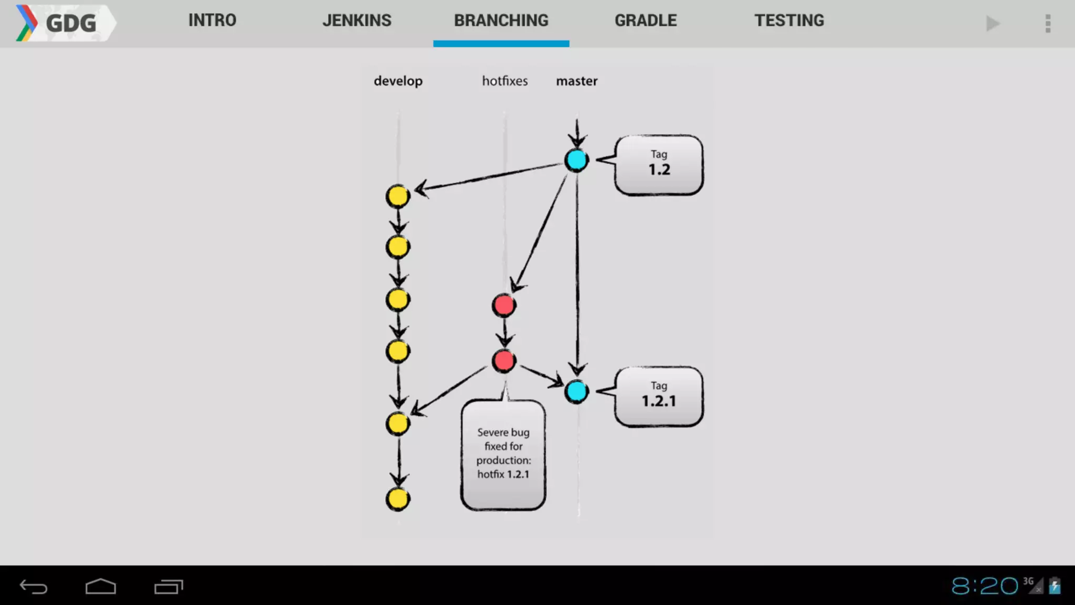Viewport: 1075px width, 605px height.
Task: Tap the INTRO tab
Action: coord(212,20)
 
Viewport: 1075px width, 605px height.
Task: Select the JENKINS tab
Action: coord(356,20)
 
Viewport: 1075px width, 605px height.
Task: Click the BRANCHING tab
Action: coord(501,20)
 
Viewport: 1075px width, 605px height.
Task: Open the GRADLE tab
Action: coord(646,20)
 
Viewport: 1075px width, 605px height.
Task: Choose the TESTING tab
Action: coord(789,20)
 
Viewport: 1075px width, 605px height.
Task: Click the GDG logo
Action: coord(63,23)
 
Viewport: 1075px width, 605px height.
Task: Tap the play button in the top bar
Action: coord(992,24)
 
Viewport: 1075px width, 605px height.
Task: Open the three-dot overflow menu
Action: coord(1048,24)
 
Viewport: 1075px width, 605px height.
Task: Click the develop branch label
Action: coord(398,81)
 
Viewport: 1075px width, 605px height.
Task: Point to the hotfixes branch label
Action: coord(504,81)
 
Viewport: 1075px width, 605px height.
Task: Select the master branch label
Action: coord(576,81)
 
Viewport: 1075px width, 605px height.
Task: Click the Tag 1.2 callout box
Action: coord(659,165)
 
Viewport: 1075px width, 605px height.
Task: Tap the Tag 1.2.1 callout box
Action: coord(659,396)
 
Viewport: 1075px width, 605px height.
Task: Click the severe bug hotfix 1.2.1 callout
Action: coord(503,454)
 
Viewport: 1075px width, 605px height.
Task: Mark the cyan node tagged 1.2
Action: coord(576,160)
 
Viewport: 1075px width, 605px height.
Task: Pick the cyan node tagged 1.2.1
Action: coord(576,391)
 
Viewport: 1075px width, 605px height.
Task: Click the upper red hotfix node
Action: coord(504,305)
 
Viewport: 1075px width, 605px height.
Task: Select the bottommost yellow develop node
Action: coord(398,499)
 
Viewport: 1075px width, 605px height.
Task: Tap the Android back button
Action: coord(34,586)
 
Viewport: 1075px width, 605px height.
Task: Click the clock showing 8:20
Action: coord(984,586)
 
